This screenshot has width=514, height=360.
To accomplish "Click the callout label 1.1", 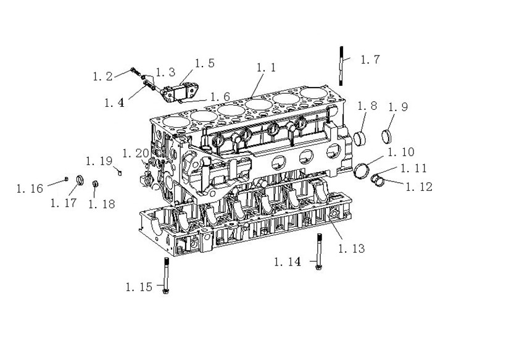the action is click(266, 67).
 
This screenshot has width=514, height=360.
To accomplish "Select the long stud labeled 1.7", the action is click(341, 66).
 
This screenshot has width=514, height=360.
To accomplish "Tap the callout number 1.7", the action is click(370, 59).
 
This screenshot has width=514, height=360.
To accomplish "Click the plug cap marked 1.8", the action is click(360, 138).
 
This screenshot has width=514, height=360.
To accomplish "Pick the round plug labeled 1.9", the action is click(387, 136).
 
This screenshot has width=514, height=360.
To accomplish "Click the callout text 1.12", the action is click(419, 186).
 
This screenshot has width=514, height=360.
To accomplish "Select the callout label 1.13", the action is click(352, 248).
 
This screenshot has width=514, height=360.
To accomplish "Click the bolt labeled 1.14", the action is click(318, 251).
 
